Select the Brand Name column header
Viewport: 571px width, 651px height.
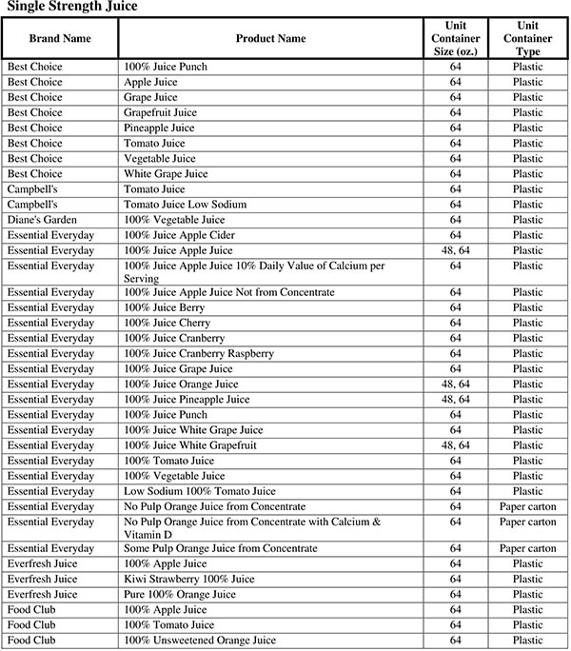(x=60, y=38)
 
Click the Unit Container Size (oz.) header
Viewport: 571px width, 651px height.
(x=456, y=38)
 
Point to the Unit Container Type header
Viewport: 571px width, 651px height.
(x=527, y=38)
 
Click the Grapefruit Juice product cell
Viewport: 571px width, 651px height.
(x=158, y=112)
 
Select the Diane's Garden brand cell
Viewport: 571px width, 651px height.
(x=44, y=220)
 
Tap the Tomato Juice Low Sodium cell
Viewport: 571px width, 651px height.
(x=186, y=205)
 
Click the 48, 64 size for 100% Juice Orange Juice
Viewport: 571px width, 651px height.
(x=456, y=385)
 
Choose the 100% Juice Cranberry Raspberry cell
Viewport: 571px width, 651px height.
(x=199, y=354)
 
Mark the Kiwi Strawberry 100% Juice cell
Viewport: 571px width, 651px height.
(x=189, y=580)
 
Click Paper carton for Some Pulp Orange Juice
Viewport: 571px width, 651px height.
(x=527, y=549)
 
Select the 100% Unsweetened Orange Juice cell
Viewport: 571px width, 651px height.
(x=200, y=641)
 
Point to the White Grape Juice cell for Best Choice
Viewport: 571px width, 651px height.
(x=163, y=174)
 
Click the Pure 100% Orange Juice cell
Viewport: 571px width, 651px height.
(x=180, y=595)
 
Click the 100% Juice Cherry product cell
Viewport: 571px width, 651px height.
(x=167, y=324)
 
